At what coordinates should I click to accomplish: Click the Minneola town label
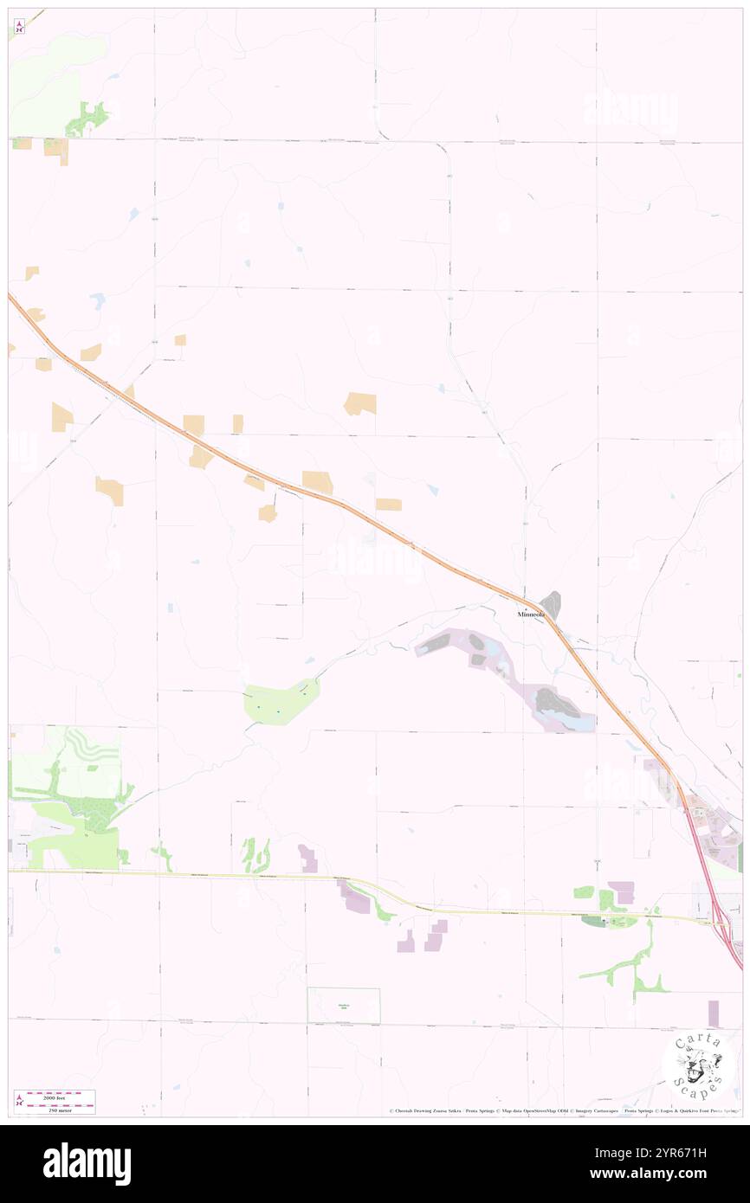[x=531, y=614]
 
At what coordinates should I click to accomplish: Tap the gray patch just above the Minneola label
[x=550, y=603]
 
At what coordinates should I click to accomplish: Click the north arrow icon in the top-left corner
[x=19, y=27]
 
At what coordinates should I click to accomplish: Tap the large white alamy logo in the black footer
[x=87, y=1164]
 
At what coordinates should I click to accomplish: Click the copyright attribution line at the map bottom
[x=563, y=1111]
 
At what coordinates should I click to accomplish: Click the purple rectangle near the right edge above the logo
[x=713, y=1013]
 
